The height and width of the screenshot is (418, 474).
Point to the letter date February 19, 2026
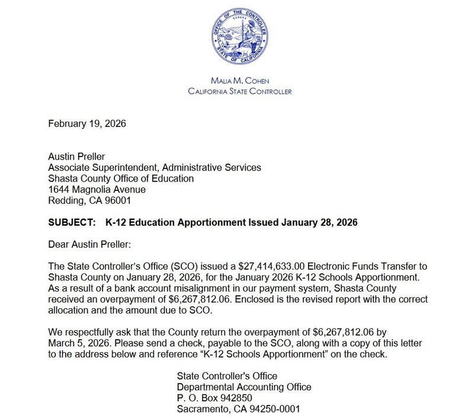click(87, 124)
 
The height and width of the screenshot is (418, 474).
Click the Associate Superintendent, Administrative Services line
click(154, 168)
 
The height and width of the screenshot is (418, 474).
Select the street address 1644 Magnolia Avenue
click(96, 189)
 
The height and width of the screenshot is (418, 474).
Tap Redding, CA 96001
click(86, 200)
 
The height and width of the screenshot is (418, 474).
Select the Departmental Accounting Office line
click(244, 387)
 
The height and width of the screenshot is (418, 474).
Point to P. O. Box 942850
click(220, 398)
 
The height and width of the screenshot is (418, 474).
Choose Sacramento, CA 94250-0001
click(239, 409)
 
